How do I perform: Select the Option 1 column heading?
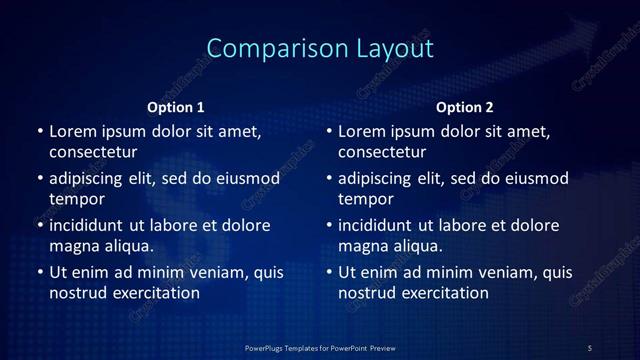pos(176,107)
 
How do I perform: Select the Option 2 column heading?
pos(465,107)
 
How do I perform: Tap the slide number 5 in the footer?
pos(590,347)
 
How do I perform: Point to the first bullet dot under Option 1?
pos(40,132)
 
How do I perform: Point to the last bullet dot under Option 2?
pos(330,272)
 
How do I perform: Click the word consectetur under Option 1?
pos(93,153)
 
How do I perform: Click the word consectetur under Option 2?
pos(383,153)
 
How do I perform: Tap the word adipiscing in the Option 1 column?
pos(91,179)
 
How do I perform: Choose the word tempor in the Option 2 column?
pos(367,199)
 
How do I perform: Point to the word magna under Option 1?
pos(72,245)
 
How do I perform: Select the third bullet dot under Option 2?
pos(330,225)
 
